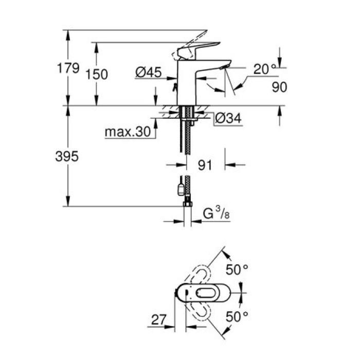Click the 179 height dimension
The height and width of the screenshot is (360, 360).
coord(68,68)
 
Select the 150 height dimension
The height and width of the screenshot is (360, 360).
coord(97,74)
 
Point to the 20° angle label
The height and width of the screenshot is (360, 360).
coord(268,68)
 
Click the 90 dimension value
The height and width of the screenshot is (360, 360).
coord(279,87)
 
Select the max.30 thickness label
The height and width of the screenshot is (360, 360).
coord(128,132)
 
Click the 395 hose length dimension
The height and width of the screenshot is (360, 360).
coord(67,157)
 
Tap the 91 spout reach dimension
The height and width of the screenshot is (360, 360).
coord(205,166)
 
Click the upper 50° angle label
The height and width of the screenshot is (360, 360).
coord(238,268)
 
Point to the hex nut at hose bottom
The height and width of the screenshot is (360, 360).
coord(187,205)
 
